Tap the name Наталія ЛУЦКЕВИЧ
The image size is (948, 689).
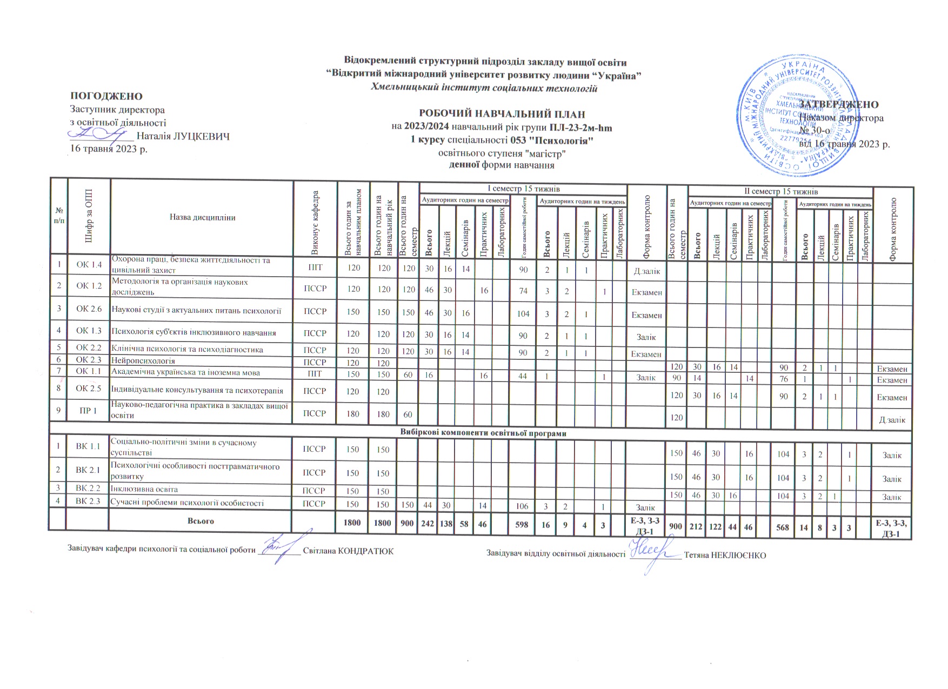(x=184, y=136)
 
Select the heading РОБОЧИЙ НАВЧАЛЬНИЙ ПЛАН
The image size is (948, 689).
(x=502, y=114)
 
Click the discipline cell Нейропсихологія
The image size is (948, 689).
(x=143, y=360)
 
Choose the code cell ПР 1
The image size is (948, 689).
(x=89, y=411)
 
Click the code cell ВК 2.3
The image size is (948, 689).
(x=89, y=501)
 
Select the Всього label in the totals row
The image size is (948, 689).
(x=201, y=521)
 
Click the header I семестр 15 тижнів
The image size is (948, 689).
(x=523, y=189)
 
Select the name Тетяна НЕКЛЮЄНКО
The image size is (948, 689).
(x=725, y=555)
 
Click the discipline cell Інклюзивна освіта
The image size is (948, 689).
(x=144, y=489)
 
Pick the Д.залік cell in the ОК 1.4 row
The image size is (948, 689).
(x=646, y=271)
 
